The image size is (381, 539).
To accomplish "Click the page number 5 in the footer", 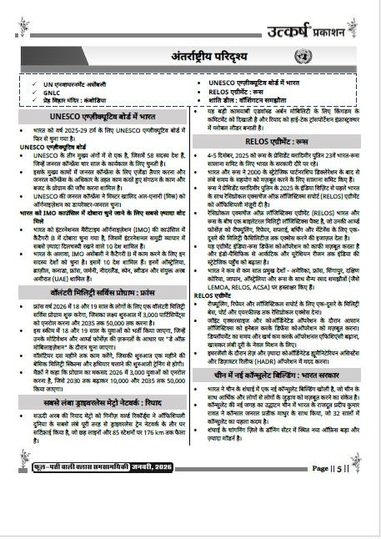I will pyautogui.click(x=358, y=516).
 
